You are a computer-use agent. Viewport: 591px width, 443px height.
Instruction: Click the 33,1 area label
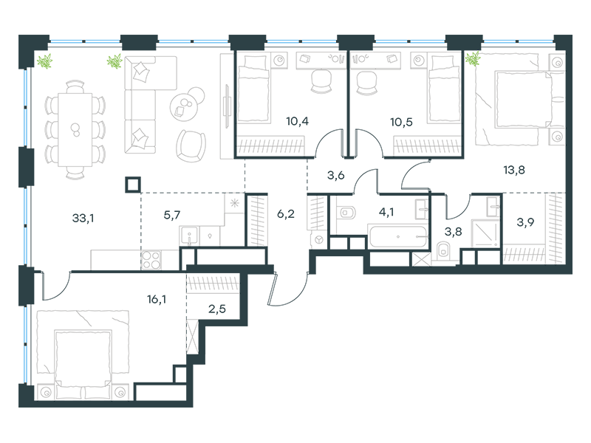83,218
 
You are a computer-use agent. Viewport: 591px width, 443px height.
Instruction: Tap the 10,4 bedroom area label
298,121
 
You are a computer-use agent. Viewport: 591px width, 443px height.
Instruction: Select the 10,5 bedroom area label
401,122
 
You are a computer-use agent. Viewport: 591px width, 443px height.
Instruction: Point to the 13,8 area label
514,170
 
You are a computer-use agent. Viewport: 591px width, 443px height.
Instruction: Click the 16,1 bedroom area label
157,300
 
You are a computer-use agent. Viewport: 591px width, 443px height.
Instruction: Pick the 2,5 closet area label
217,309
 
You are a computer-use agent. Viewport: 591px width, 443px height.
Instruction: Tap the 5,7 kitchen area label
172,215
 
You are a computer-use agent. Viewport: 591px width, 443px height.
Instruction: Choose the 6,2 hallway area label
286,214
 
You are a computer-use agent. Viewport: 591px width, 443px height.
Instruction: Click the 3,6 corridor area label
336,175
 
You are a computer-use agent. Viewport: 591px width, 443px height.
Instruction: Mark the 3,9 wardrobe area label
525,222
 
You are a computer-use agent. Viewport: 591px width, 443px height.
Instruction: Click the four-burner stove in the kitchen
151,261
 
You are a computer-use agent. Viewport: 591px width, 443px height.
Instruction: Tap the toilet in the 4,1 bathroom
346,213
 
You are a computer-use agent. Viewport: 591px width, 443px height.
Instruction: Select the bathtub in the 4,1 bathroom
397,236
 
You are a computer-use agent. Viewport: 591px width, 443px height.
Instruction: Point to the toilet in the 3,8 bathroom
444,251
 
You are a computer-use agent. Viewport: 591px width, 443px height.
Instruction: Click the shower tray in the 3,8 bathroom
485,233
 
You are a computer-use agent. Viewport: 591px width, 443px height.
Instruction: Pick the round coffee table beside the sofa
184,107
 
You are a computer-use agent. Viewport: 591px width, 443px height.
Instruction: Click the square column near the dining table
134,185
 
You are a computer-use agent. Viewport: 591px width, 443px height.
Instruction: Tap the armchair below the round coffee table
191,145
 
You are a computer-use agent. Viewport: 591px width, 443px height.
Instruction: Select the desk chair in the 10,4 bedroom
321,82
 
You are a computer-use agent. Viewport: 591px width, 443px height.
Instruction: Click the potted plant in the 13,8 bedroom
473,58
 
